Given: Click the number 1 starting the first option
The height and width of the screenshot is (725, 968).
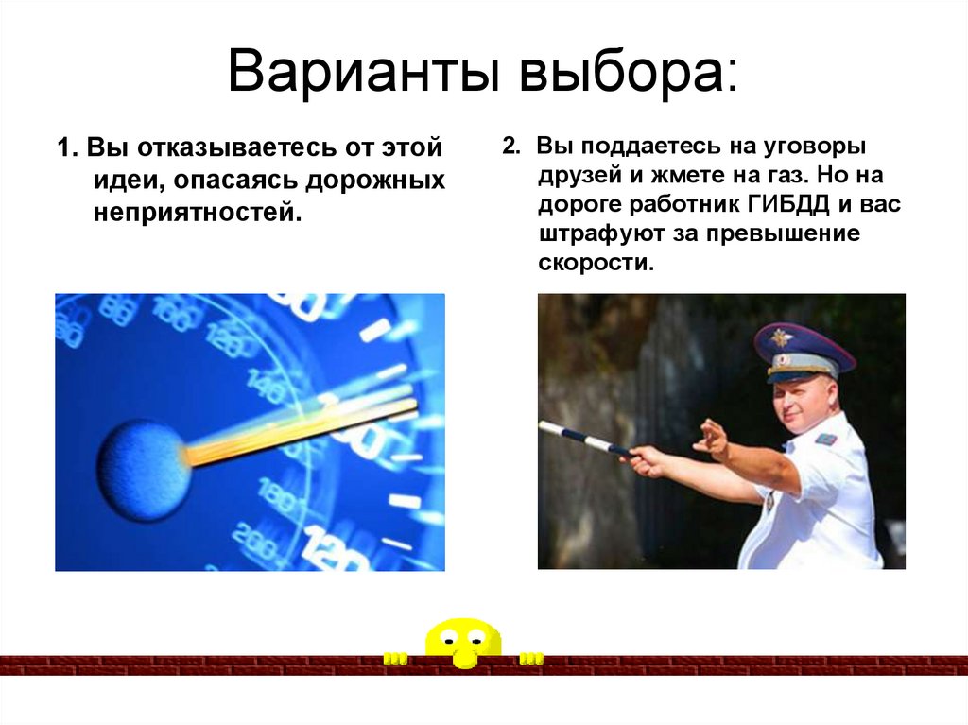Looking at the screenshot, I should pos(62,149).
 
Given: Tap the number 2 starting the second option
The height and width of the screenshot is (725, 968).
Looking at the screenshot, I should pos(508,147).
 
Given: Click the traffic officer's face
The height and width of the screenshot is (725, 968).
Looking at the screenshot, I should pos(803,403).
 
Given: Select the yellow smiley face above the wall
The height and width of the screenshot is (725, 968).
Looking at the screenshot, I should pos(462,640).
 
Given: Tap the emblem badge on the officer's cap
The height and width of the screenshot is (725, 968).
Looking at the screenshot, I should pos(782,337).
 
